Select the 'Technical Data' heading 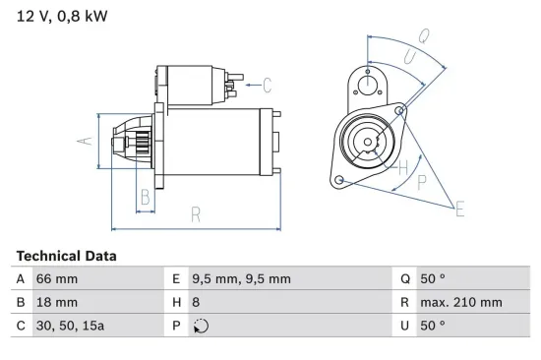click(x=66, y=256)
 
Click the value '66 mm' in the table click(x=56, y=279)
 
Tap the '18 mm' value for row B click(x=56, y=302)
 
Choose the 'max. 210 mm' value click(x=462, y=302)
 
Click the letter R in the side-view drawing click(x=197, y=212)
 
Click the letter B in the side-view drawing click(x=144, y=195)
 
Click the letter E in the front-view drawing click(x=458, y=207)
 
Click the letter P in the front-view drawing click(x=421, y=181)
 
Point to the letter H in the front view click(x=402, y=167)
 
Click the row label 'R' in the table click(x=405, y=302)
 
